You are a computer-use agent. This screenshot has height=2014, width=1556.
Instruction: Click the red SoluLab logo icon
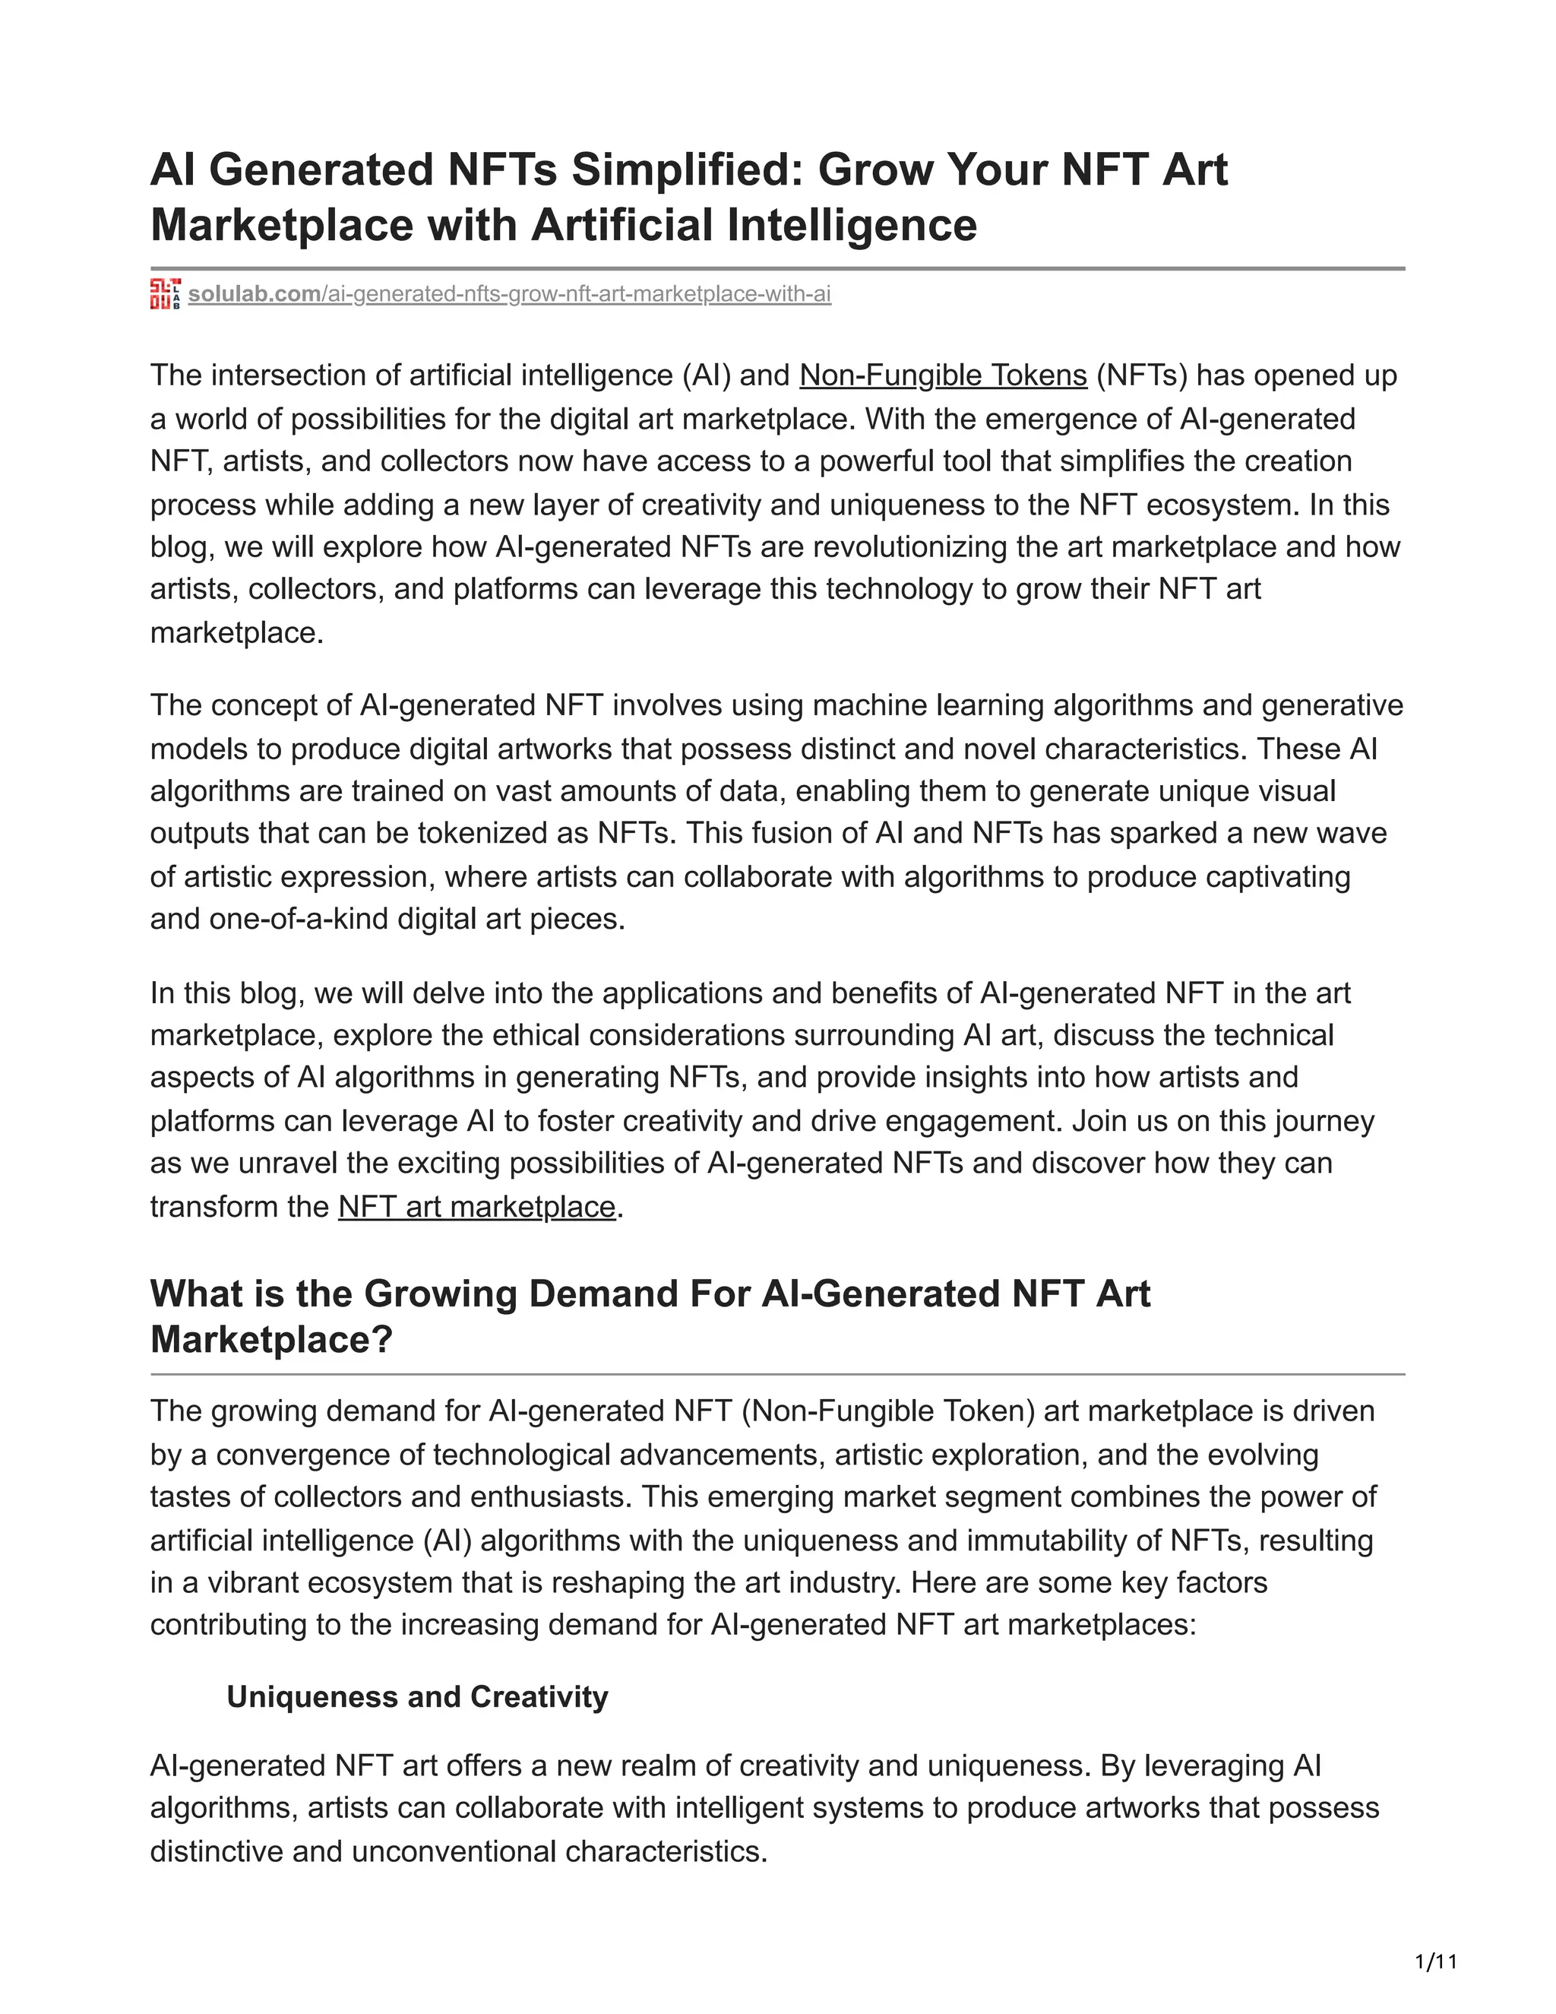[x=165, y=294]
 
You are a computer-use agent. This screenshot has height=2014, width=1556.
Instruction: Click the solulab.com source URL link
[x=509, y=294]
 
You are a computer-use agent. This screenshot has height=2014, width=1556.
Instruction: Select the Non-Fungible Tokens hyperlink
[x=943, y=375]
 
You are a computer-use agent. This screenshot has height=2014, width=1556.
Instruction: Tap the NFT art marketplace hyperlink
[x=476, y=1206]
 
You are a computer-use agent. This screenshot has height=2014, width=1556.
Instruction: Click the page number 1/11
[x=1435, y=1961]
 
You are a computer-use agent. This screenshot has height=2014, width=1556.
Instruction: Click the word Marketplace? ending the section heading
[x=271, y=1339]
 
